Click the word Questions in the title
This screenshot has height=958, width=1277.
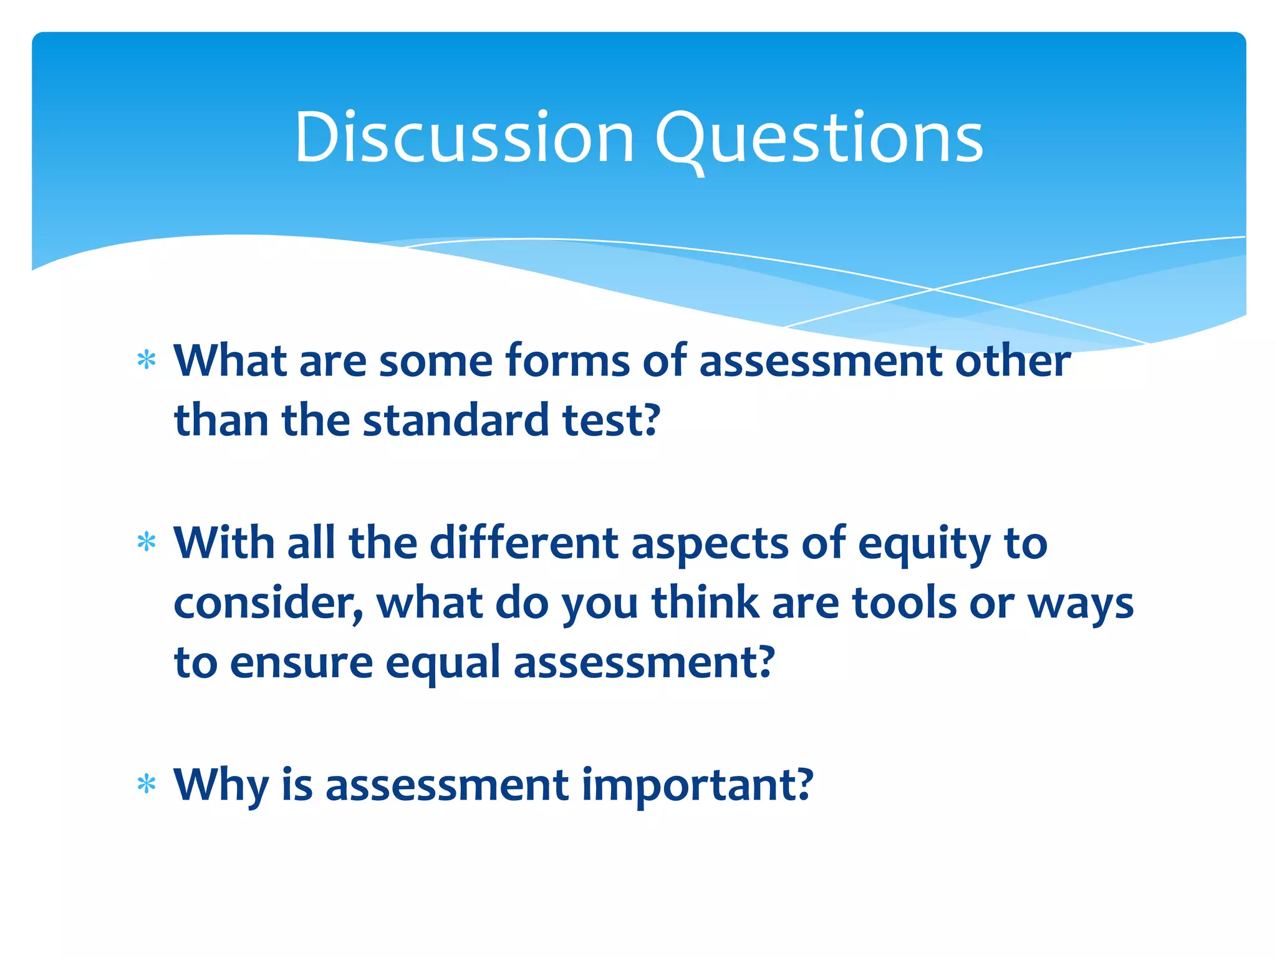click(x=818, y=138)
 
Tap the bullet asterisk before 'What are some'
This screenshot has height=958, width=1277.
click(x=147, y=360)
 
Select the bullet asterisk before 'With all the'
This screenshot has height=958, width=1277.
click(x=147, y=542)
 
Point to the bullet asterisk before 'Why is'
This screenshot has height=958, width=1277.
click(x=147, y=784)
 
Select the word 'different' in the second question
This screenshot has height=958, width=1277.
click(x=524, y=543)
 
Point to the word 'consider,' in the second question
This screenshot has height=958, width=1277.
click(x=269, y=604)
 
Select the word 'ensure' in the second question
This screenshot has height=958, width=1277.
click(x=301, y=662)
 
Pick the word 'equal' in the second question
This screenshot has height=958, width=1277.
click(x=443, y=664)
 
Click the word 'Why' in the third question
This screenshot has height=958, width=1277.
click(x=221, y=785)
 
